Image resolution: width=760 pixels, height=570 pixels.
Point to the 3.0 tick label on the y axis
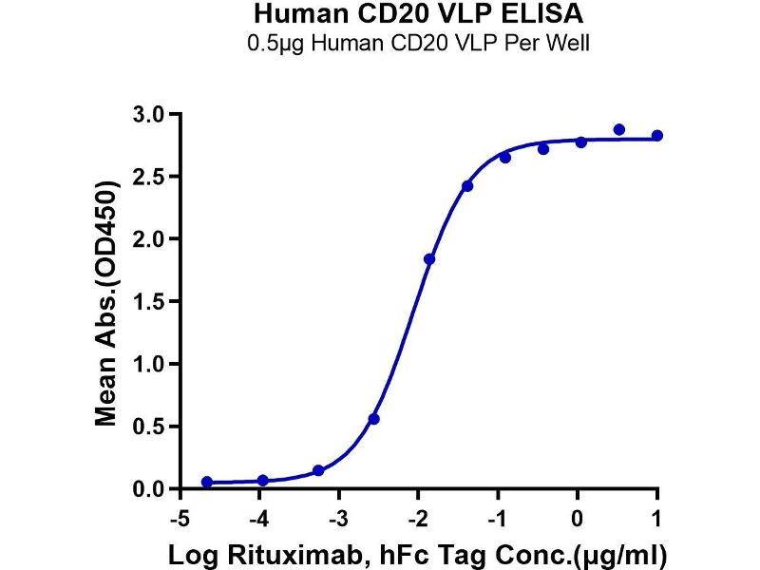tap(152, 114)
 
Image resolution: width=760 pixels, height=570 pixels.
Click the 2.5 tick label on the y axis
tap(152, 177)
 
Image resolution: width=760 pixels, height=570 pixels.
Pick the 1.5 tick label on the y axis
tap(152, 302)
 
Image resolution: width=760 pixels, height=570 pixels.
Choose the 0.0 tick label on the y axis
tap(152, 489)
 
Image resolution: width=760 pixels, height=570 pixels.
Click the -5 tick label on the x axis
tap(177, 519)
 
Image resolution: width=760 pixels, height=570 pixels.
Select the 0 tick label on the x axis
tap(578, 519)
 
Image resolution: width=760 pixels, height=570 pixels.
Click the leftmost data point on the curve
tap(207, 483)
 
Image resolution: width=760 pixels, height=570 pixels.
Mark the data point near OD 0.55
tap(374, 419)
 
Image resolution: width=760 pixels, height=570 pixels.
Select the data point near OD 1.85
tap(429, 258)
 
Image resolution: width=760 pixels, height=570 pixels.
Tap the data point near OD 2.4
tap(467, 186)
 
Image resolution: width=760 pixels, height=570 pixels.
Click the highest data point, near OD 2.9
tap(619, 129)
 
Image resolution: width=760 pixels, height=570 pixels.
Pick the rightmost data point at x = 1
tap(657, 136)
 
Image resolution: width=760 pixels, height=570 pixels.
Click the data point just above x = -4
tap(263, 481)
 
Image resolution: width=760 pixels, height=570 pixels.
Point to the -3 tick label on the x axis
tap(336, 519)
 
